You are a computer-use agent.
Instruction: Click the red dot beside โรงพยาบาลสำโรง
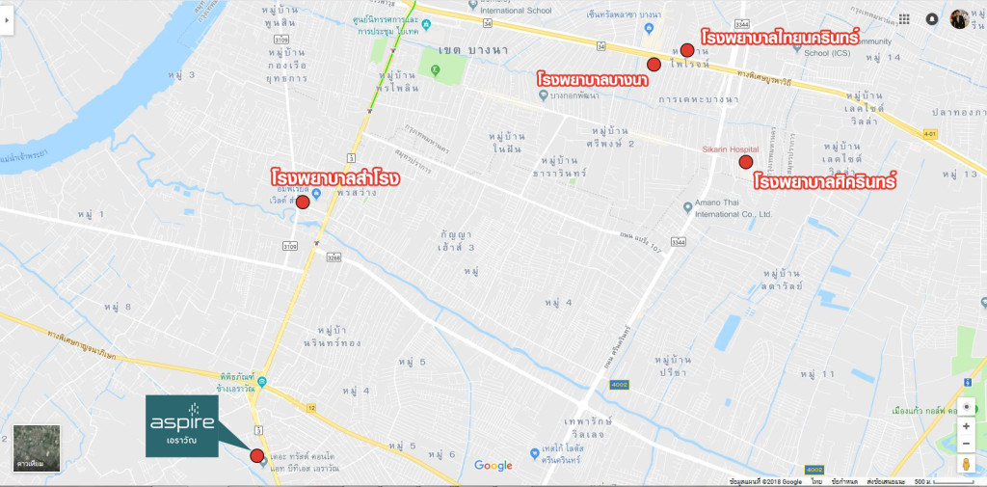click(x=303, y=202)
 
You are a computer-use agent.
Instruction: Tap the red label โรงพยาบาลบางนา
click(x=592, y=78)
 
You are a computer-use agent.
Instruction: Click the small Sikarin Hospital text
click(x=730, y=149)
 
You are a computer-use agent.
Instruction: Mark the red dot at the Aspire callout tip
click(x=256, y=456)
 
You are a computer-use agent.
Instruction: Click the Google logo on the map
click(x=493, y=467)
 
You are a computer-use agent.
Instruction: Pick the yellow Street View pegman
click(x=966, y=466)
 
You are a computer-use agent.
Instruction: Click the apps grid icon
click(x=904, y=18)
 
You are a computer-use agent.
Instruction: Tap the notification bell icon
click(x=932, y=18)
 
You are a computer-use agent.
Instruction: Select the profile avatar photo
click(x=959, y=18)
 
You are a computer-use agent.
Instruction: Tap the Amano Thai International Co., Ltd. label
click(x=728, y=209)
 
